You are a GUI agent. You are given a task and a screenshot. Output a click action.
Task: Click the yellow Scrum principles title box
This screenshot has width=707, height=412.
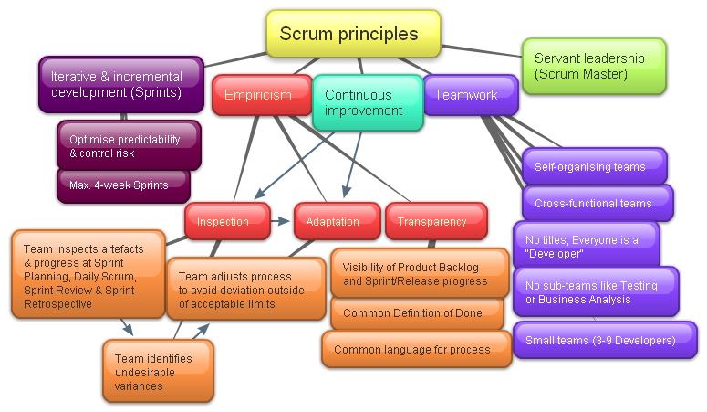(353, 34)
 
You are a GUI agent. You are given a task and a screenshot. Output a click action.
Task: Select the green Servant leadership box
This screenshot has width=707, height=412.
(593, 66)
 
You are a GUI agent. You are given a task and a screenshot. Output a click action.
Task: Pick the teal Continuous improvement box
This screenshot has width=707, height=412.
(367, 102)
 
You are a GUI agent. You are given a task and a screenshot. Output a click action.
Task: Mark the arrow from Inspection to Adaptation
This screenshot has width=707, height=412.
(281, 220)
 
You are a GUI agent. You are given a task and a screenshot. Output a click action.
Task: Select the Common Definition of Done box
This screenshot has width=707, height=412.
(412, 312)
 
